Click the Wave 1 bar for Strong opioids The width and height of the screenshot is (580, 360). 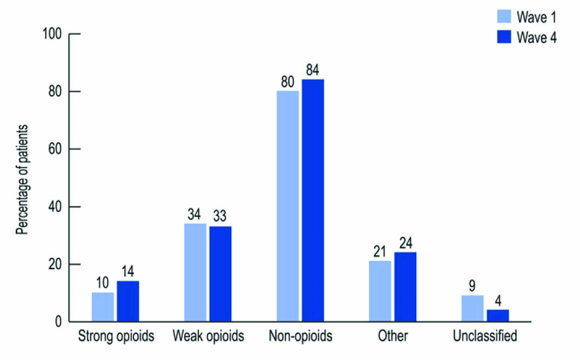[103, 307]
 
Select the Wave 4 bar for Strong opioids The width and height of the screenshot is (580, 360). [128, 302]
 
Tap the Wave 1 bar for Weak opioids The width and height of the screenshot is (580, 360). [195, 272]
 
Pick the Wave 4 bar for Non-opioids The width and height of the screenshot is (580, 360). [313, 201]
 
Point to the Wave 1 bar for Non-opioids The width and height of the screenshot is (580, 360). [288, 206]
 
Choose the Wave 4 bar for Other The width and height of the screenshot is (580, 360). [405, 287]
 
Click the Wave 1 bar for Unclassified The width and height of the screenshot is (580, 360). [472, 309]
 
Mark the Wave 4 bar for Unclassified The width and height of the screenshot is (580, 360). [498, 316]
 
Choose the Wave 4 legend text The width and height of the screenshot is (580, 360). [537, 37]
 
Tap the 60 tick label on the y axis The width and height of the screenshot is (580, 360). [56, 149]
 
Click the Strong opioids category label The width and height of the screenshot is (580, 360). [116, 336]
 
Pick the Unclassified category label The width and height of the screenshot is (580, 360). [485, 336]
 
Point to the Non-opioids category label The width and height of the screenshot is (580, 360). [300, 336]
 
